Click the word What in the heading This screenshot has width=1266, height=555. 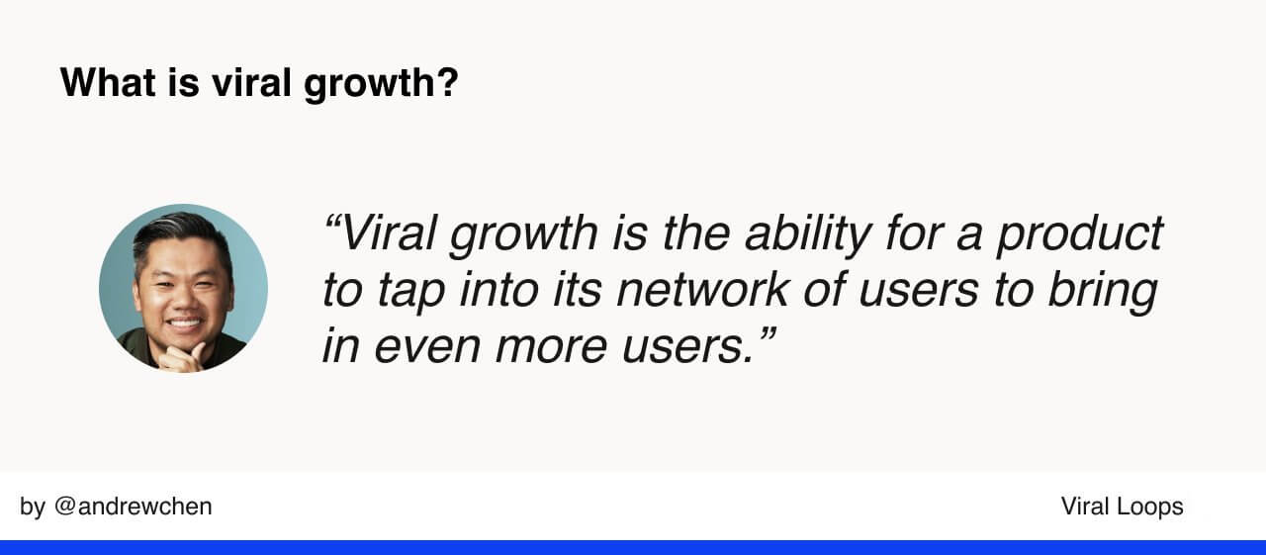click(x=108, y=82)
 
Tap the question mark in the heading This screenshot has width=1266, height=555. click(x=448, y=82)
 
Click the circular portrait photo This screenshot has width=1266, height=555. click(x=183, y=288)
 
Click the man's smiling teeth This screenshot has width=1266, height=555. click(x=185, y=324)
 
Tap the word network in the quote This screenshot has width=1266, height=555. click(x=702, y=289)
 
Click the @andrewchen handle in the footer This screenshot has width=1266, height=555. click(x=133, y=507)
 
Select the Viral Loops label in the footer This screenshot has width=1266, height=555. click(x=1122, y=507)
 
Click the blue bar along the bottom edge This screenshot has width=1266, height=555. click(x=633, y=548)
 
